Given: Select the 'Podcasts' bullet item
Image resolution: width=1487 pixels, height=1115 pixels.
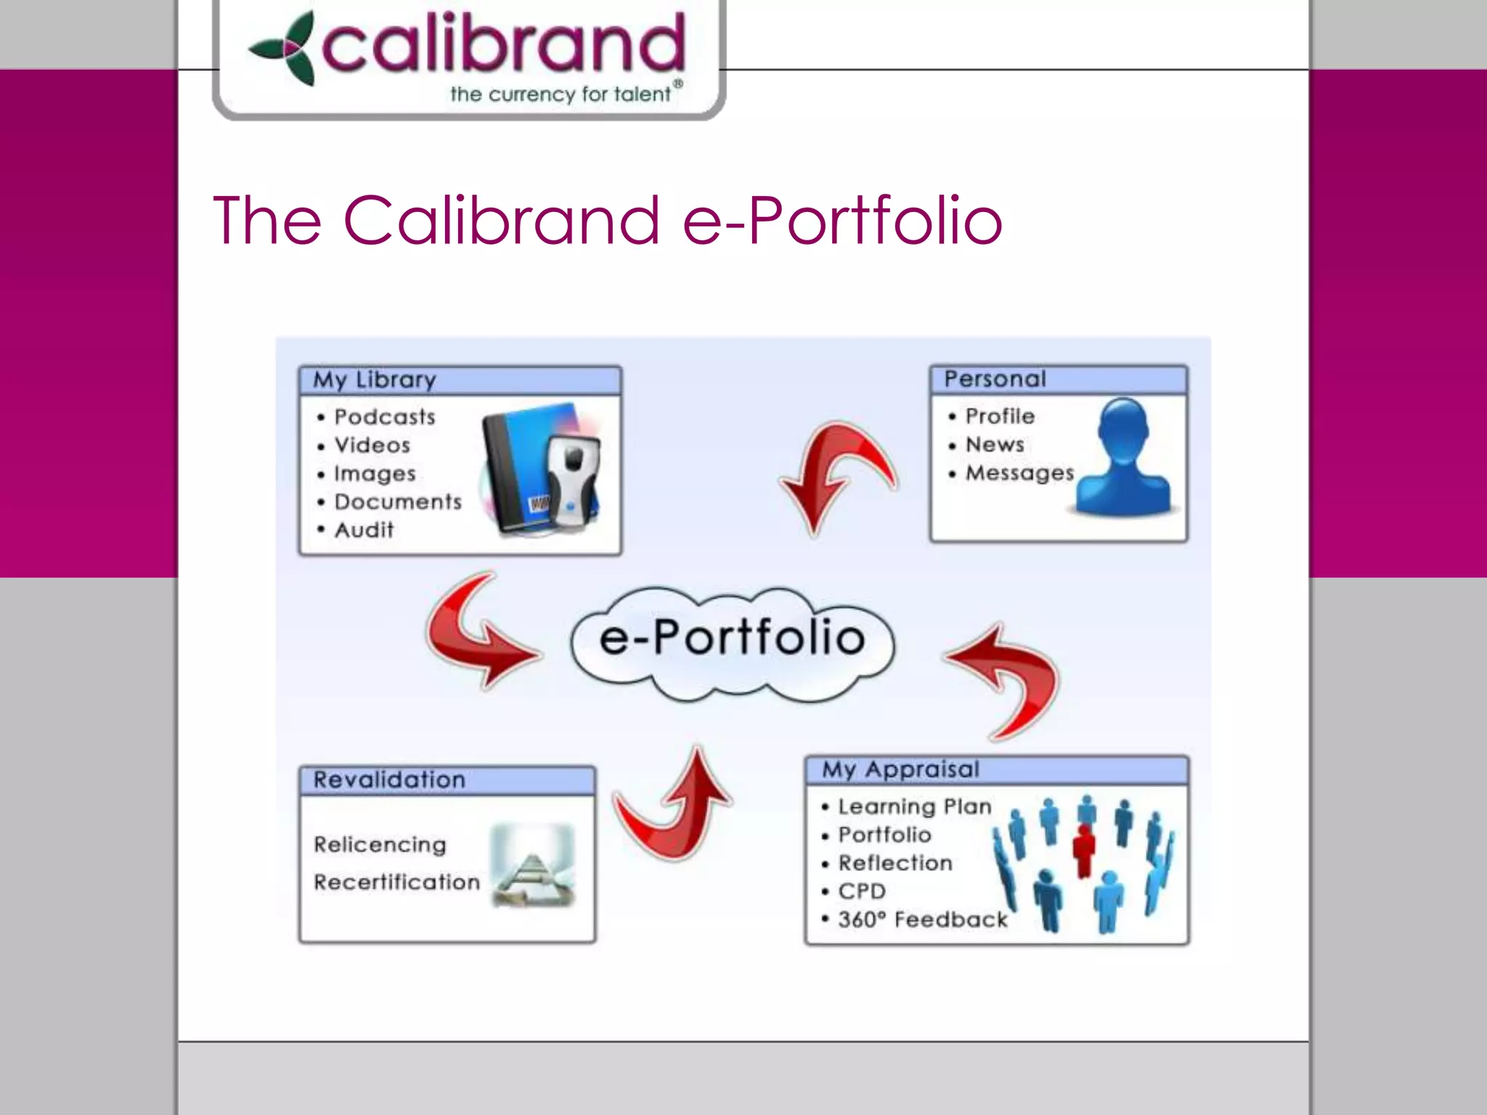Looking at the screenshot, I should click(384, 417).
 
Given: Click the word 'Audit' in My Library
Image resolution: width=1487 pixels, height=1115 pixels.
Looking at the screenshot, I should click(364, 530).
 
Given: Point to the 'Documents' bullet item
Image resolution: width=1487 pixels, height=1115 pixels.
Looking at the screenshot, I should click(397, 502).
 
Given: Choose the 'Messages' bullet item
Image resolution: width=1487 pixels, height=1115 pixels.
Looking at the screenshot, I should click(1019, 473).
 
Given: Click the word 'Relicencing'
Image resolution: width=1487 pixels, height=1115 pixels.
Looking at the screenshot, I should click(380, 845).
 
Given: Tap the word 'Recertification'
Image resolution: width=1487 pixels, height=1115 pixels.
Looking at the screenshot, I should click(396, 882).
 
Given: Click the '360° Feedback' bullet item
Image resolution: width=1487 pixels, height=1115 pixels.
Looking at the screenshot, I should click(922, 920).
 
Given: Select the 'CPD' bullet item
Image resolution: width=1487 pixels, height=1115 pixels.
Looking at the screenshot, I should click(861, 891).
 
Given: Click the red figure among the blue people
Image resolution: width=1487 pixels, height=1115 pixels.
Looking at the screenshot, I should click(1084, 849).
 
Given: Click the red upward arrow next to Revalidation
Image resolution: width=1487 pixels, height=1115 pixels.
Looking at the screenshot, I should click(675, 806).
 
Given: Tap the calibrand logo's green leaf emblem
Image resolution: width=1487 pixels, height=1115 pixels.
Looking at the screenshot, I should click(284, 49).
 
